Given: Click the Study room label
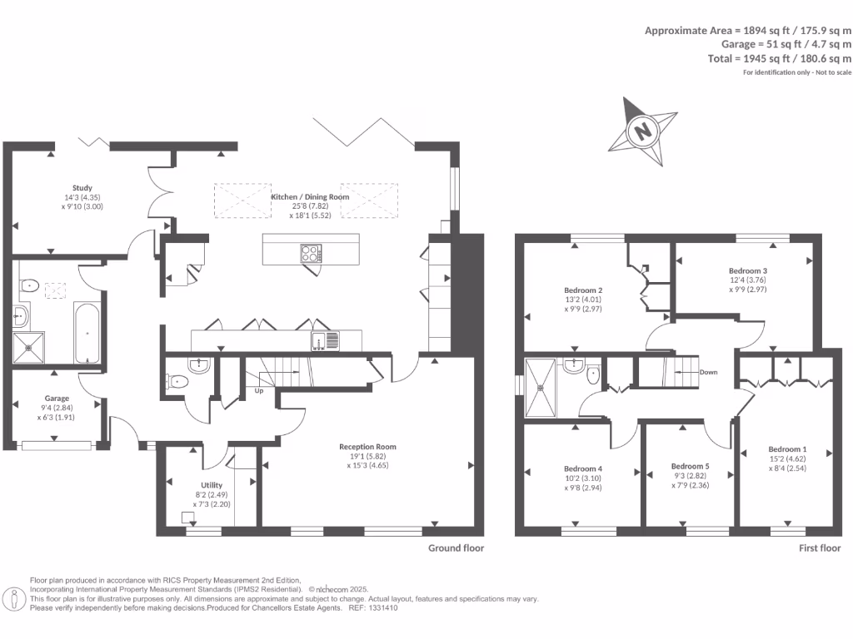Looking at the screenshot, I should click(82, 188).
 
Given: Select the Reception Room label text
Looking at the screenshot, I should click(367, 447).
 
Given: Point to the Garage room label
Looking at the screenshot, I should click(57, 399).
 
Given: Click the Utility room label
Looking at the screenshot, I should click(212, 485).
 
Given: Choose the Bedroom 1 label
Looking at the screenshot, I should click(787, 448).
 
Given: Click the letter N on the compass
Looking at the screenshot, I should click(642, 131).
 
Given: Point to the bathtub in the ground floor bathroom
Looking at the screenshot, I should click(87, 334).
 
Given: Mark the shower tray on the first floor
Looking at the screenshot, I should click(544, 387).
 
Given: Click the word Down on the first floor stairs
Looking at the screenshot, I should click(709, 372).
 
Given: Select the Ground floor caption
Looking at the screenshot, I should click(456, 548).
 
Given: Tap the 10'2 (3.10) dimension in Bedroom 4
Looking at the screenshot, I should click(582, 479).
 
